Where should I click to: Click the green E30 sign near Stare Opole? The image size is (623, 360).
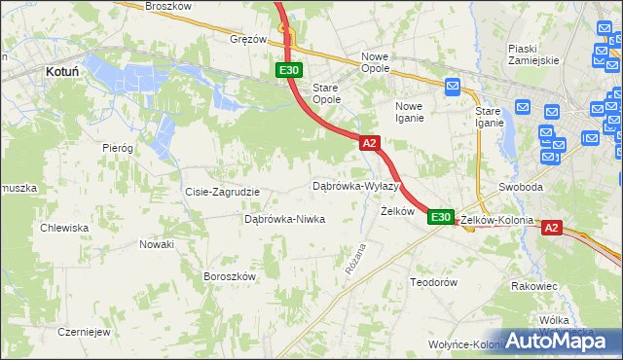click(x=289, y=70)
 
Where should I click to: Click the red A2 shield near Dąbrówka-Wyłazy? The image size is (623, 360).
click(x=369, y=143)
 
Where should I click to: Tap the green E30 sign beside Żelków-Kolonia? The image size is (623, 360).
click(x=440, y=218)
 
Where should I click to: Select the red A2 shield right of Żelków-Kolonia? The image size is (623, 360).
click(x=551, y=228)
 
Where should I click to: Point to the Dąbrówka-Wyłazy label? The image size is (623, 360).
click(x=356, y=186)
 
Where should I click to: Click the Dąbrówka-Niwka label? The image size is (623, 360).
click(x=284, y=219)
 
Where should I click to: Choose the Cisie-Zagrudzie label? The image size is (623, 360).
click(x=222, y=192)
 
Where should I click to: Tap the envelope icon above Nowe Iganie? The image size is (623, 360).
click(x=453, y=88)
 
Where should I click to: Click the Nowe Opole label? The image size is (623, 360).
click(x=375, y=63)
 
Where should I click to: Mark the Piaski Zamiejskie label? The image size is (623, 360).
click(x=533, y=54)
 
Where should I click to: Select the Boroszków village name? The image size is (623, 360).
click(x=229, y=276)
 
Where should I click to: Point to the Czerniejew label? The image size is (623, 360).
click(x=84, y=332)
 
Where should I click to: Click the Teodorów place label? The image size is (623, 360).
click(x=433, y=281)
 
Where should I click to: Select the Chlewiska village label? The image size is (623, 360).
click(x=64, y=228)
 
